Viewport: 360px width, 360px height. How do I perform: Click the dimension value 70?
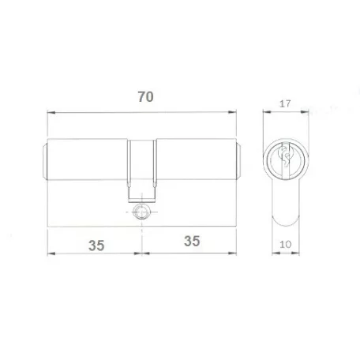pyautogui.click(x=145, y=97)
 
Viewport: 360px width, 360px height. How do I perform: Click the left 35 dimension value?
pyautogui.click(x=96, y=246)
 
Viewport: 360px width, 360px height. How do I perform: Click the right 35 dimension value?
pyautogui.click(x=192, y=241)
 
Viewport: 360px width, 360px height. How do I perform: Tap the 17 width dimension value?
pyautogui.click(x=285, y=103)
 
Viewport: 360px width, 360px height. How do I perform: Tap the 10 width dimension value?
pyautogui.click(x=285, y=245)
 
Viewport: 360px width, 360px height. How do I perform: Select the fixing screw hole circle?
pyautogui.click(x=141, y=212)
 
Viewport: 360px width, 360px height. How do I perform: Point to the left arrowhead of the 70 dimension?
pyautogui.click(x=51, y=113)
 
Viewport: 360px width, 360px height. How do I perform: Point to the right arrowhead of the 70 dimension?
pyautogui.click(x=232, y=112)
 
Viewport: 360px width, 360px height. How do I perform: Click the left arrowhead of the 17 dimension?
pyautogui.click(x=267, y=112)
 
